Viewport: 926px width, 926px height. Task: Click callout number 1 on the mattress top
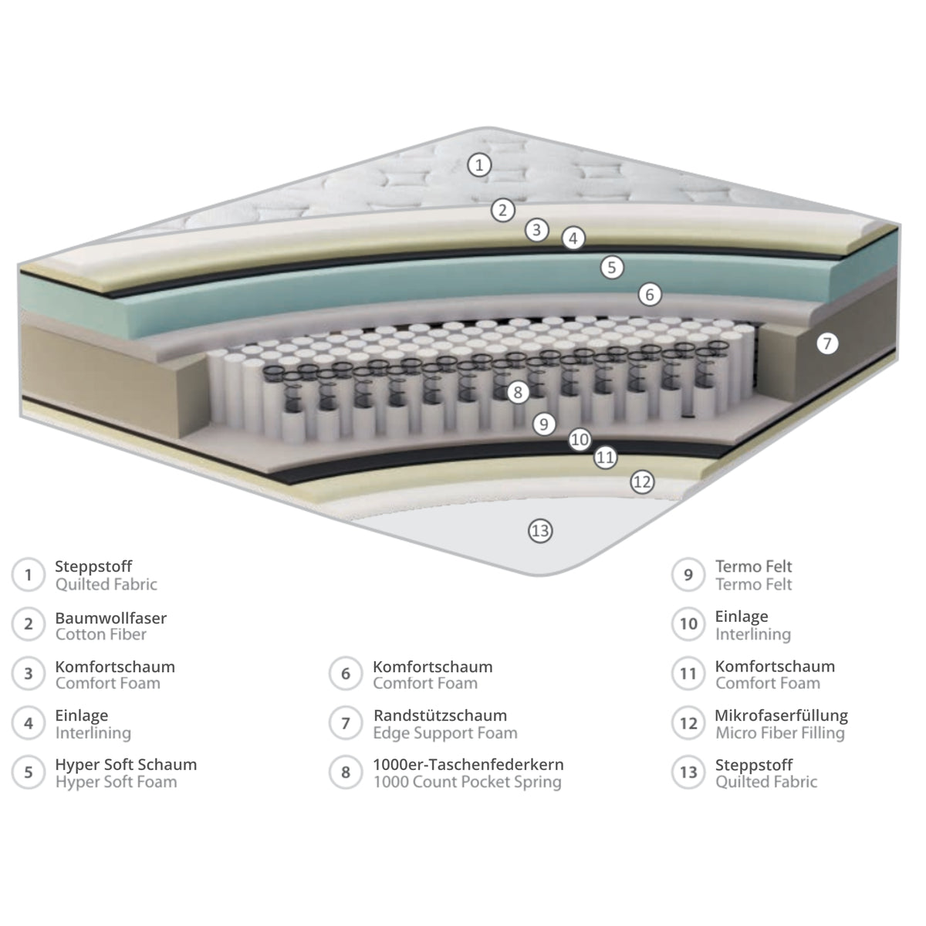479,165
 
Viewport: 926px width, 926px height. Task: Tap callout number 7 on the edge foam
827,343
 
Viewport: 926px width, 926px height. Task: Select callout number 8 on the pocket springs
518,393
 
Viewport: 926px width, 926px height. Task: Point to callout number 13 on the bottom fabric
540,531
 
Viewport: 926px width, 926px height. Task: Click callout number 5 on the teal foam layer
612,267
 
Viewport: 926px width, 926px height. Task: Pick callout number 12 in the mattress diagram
642,482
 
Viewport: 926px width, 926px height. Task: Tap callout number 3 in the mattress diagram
537,230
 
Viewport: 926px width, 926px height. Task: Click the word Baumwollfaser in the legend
111,617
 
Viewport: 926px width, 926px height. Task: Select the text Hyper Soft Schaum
126,765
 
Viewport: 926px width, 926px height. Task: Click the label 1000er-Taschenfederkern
468,765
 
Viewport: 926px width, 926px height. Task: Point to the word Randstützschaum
440,715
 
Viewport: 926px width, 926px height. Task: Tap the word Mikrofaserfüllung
782,715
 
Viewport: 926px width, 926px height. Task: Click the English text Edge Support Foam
445,733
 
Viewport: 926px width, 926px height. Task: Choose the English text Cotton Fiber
101,634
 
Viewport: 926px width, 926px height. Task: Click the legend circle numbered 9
688,575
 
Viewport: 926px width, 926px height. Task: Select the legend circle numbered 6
346,674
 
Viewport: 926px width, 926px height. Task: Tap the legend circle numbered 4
29,723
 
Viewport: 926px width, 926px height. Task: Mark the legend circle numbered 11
688,674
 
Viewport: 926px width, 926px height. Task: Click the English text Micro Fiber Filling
780,733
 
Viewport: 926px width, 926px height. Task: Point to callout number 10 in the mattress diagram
580,439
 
